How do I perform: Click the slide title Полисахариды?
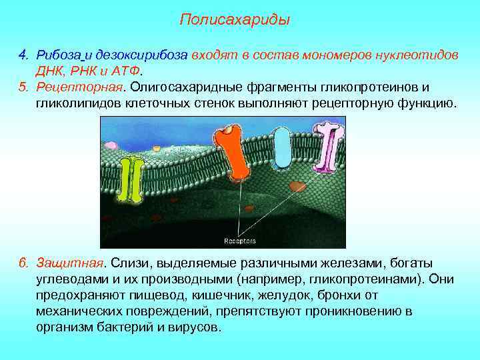(235, 20)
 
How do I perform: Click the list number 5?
(22, 87)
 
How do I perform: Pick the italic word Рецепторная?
(80, 87)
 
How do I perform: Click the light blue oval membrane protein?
(283, 149)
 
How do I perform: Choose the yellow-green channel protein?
(136, 179)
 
